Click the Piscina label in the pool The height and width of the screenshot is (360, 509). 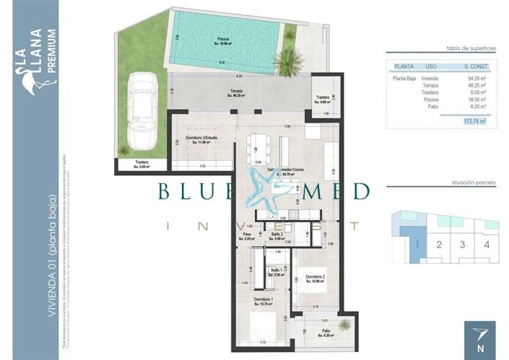[225, 41]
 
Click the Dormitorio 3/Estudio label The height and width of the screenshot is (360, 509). [201, 139]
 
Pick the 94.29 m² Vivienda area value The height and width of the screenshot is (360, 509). [477, 79]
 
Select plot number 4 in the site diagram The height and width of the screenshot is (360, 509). [487, 244]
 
